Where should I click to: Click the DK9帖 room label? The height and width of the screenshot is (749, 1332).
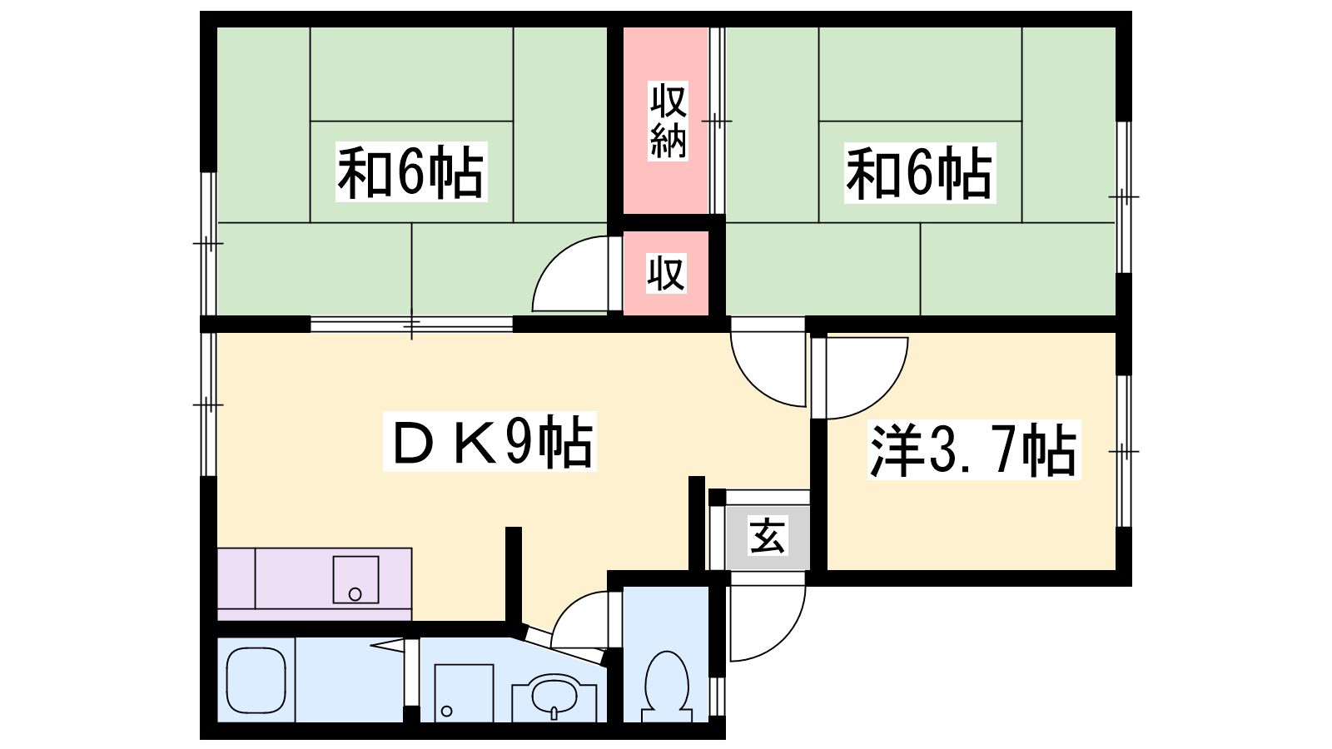pos(490,441)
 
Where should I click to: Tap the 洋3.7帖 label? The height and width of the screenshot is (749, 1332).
pos(973,450)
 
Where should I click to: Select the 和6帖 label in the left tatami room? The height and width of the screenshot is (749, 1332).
pos(411,171)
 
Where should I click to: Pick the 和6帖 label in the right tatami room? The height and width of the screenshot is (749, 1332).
pos(920,173)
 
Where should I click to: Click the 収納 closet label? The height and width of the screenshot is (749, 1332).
pos(668,122)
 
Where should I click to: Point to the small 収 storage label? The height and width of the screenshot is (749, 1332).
pos(666,274)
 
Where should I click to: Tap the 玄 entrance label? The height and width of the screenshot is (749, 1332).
pos(767,537)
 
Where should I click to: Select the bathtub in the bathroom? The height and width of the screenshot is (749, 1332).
pos(256,680)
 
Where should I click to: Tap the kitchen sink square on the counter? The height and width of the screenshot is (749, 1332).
pos(355,579)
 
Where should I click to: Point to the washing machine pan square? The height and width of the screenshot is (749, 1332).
pos(464,692)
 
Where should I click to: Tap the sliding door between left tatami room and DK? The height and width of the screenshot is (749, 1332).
pos(411,325)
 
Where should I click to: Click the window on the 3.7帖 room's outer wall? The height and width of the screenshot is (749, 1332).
pos(1123,451)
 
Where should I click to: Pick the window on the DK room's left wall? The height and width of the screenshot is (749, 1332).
pos(208,404)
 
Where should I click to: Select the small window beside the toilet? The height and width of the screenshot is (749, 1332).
pos(718,696)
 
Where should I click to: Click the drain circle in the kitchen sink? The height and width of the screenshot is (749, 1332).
pos(355,593)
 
